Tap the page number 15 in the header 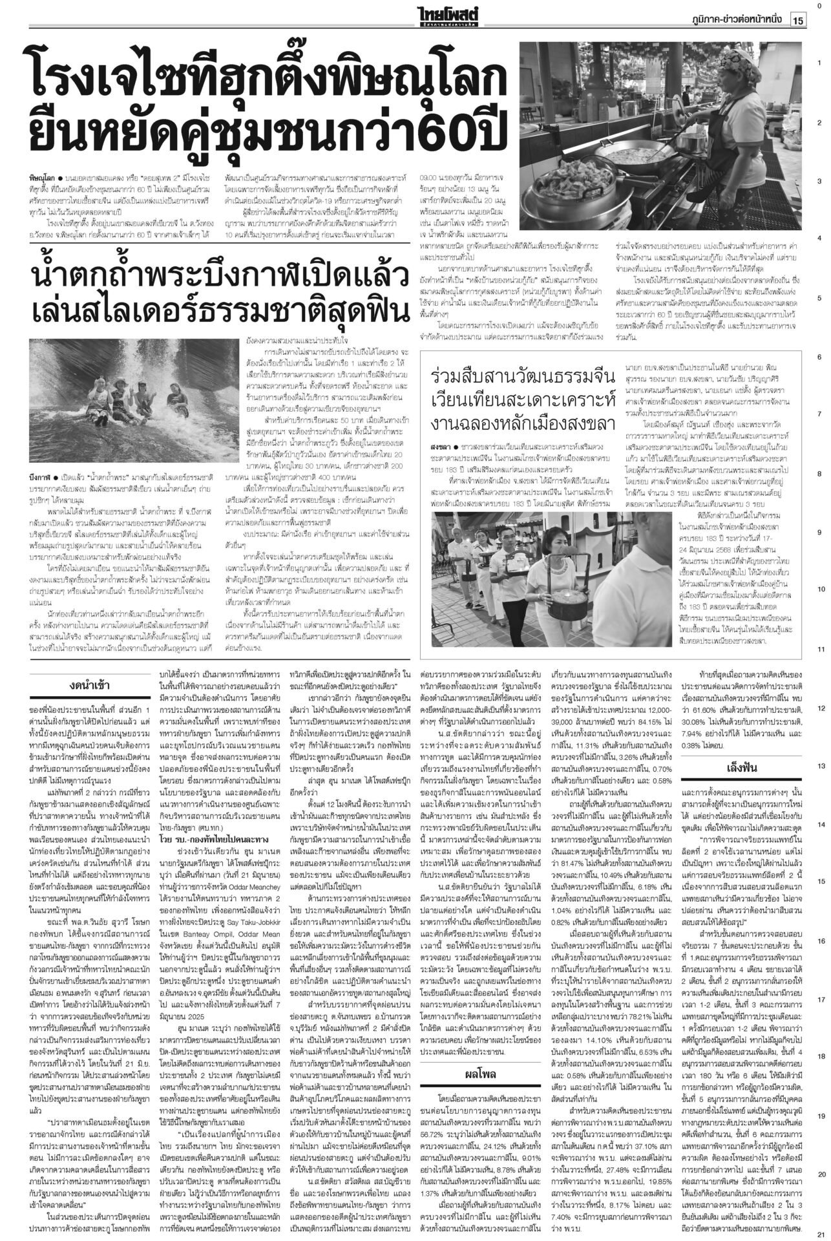[797, 20]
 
